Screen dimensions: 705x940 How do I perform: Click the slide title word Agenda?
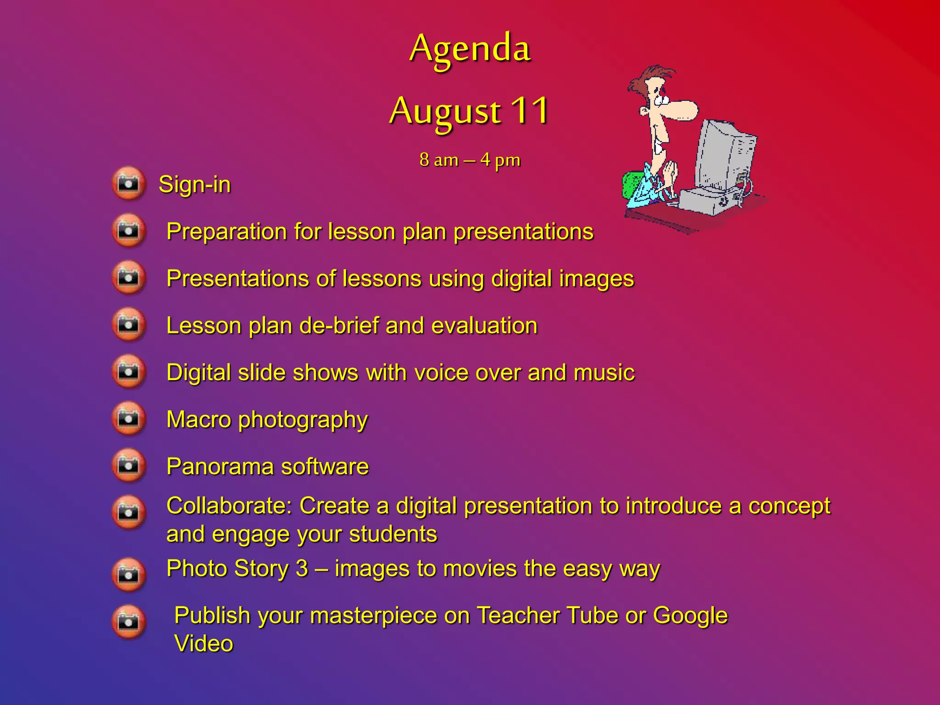(470, 49)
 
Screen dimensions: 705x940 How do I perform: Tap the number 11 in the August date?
(530, 111)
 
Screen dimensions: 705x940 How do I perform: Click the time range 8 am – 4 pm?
(470, 160)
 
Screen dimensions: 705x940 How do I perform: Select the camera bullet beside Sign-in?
(129, 184)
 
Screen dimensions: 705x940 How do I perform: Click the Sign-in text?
(195, 185)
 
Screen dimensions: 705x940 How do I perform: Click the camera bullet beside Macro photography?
(129, 419)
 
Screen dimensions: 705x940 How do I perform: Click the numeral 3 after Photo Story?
(302, 569)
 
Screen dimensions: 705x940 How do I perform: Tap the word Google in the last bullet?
(690, 616)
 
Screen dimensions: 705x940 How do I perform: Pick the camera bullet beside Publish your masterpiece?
(129, 622)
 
